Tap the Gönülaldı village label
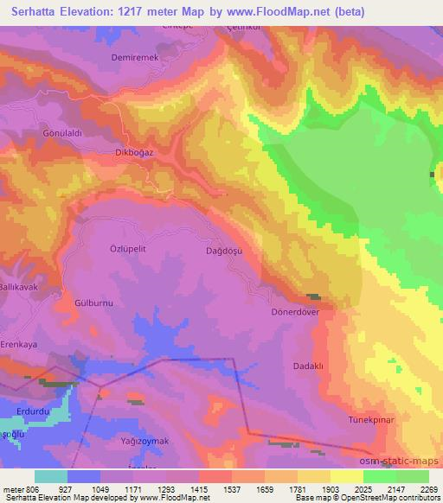(x=61, y=134)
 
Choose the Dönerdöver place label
(x=296, y=311)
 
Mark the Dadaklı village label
(x=308, y=366)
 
